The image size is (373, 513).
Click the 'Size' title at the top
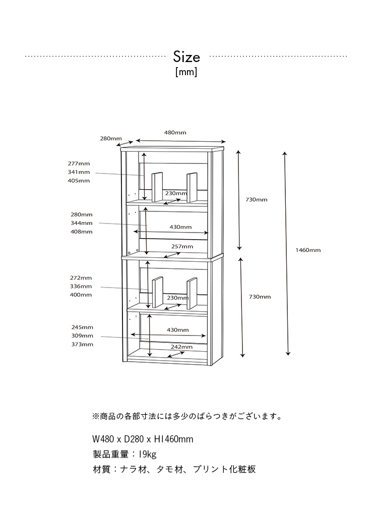186,56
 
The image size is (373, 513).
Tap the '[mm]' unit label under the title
186,72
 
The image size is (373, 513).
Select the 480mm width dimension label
175,133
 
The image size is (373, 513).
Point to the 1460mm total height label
308,250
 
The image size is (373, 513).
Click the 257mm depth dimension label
182,246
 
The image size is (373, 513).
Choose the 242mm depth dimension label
181,347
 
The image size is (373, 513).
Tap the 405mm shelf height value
79,181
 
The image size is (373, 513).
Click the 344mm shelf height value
81,223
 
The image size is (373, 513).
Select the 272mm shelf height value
81,277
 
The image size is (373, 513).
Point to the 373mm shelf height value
82,345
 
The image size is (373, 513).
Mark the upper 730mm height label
256,200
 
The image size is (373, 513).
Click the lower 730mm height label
260,297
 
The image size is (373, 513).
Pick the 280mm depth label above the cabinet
111,138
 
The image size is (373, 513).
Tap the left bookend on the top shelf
157,187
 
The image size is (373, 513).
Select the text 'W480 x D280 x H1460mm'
143,439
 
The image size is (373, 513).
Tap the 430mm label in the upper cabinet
180,227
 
